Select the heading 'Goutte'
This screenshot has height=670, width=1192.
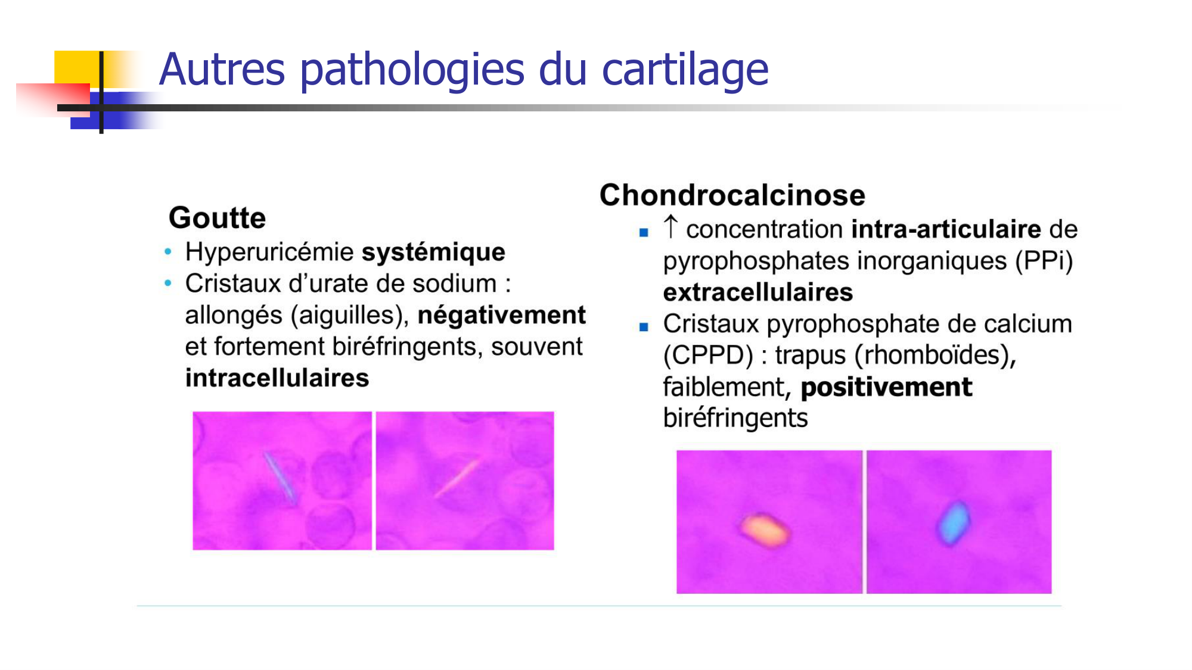(217, 218)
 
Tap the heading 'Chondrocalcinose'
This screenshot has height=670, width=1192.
(732, 195)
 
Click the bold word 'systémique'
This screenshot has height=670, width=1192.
(433, 253)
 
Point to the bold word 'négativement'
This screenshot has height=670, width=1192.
(501, 315)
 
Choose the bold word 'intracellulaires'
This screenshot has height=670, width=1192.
(277, 378)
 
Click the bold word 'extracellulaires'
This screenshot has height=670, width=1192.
(758, 292)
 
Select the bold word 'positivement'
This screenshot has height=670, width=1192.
(886, 387)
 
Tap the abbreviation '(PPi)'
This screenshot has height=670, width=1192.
(1044, 261)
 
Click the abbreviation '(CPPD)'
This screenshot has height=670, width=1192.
(708, 356)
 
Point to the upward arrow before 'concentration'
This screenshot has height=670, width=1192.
(670, 227)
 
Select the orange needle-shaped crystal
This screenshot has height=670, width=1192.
(457, 478)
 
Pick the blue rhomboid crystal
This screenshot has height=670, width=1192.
(954, 523)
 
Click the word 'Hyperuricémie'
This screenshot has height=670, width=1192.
(270, 253)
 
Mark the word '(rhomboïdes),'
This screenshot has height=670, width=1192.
(935, 356)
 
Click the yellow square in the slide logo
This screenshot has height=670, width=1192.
(76, 68)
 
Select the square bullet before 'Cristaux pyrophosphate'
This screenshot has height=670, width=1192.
(644, 327)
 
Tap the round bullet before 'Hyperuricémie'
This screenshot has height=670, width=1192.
(168, 252)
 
